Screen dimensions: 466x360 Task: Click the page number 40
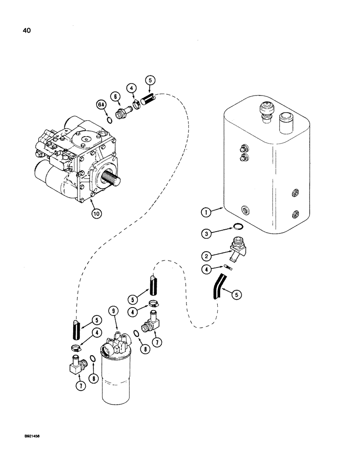(22, 31)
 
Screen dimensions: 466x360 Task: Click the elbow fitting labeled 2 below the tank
(237, 247)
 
